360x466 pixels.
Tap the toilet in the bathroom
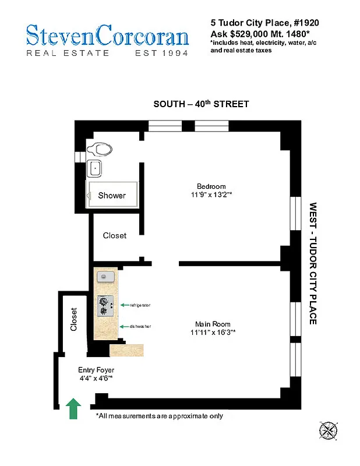(100, 149)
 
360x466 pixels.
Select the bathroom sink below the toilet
(94, 169)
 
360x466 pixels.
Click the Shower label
(111, 195)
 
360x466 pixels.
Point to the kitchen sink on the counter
(106, 276)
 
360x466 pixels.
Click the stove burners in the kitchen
(105, 306)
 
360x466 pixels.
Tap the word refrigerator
(140, 305)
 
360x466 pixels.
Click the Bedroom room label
(211, 186)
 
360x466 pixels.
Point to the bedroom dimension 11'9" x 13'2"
(211, 195)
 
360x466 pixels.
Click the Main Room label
(213, 324)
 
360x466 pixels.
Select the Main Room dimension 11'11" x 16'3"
(213, 332)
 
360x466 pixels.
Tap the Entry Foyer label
(96, 370)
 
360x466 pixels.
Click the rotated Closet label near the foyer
(73, 319)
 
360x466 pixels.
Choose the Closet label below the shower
(115, 235)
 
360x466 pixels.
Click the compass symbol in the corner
(329, 430)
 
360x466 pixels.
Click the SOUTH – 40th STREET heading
(201, 104)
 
